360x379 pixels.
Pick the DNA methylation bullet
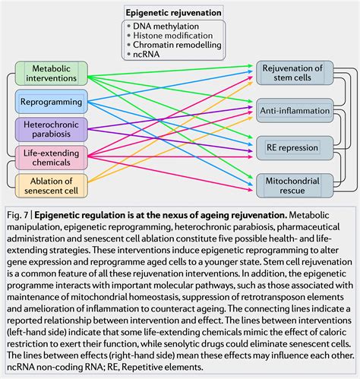coord(172,24)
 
